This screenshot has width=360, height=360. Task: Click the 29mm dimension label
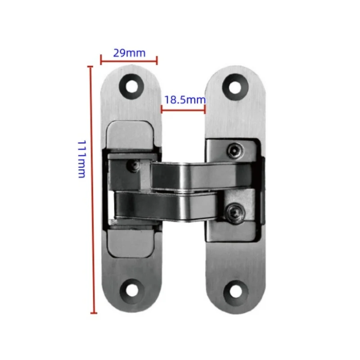point(129,53)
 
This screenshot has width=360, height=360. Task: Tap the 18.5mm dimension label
point(184,100)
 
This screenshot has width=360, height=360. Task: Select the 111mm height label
point(81,159)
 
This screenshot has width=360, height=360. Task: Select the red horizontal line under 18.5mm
point(184,108)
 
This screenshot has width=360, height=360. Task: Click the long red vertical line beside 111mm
point(93,189)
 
